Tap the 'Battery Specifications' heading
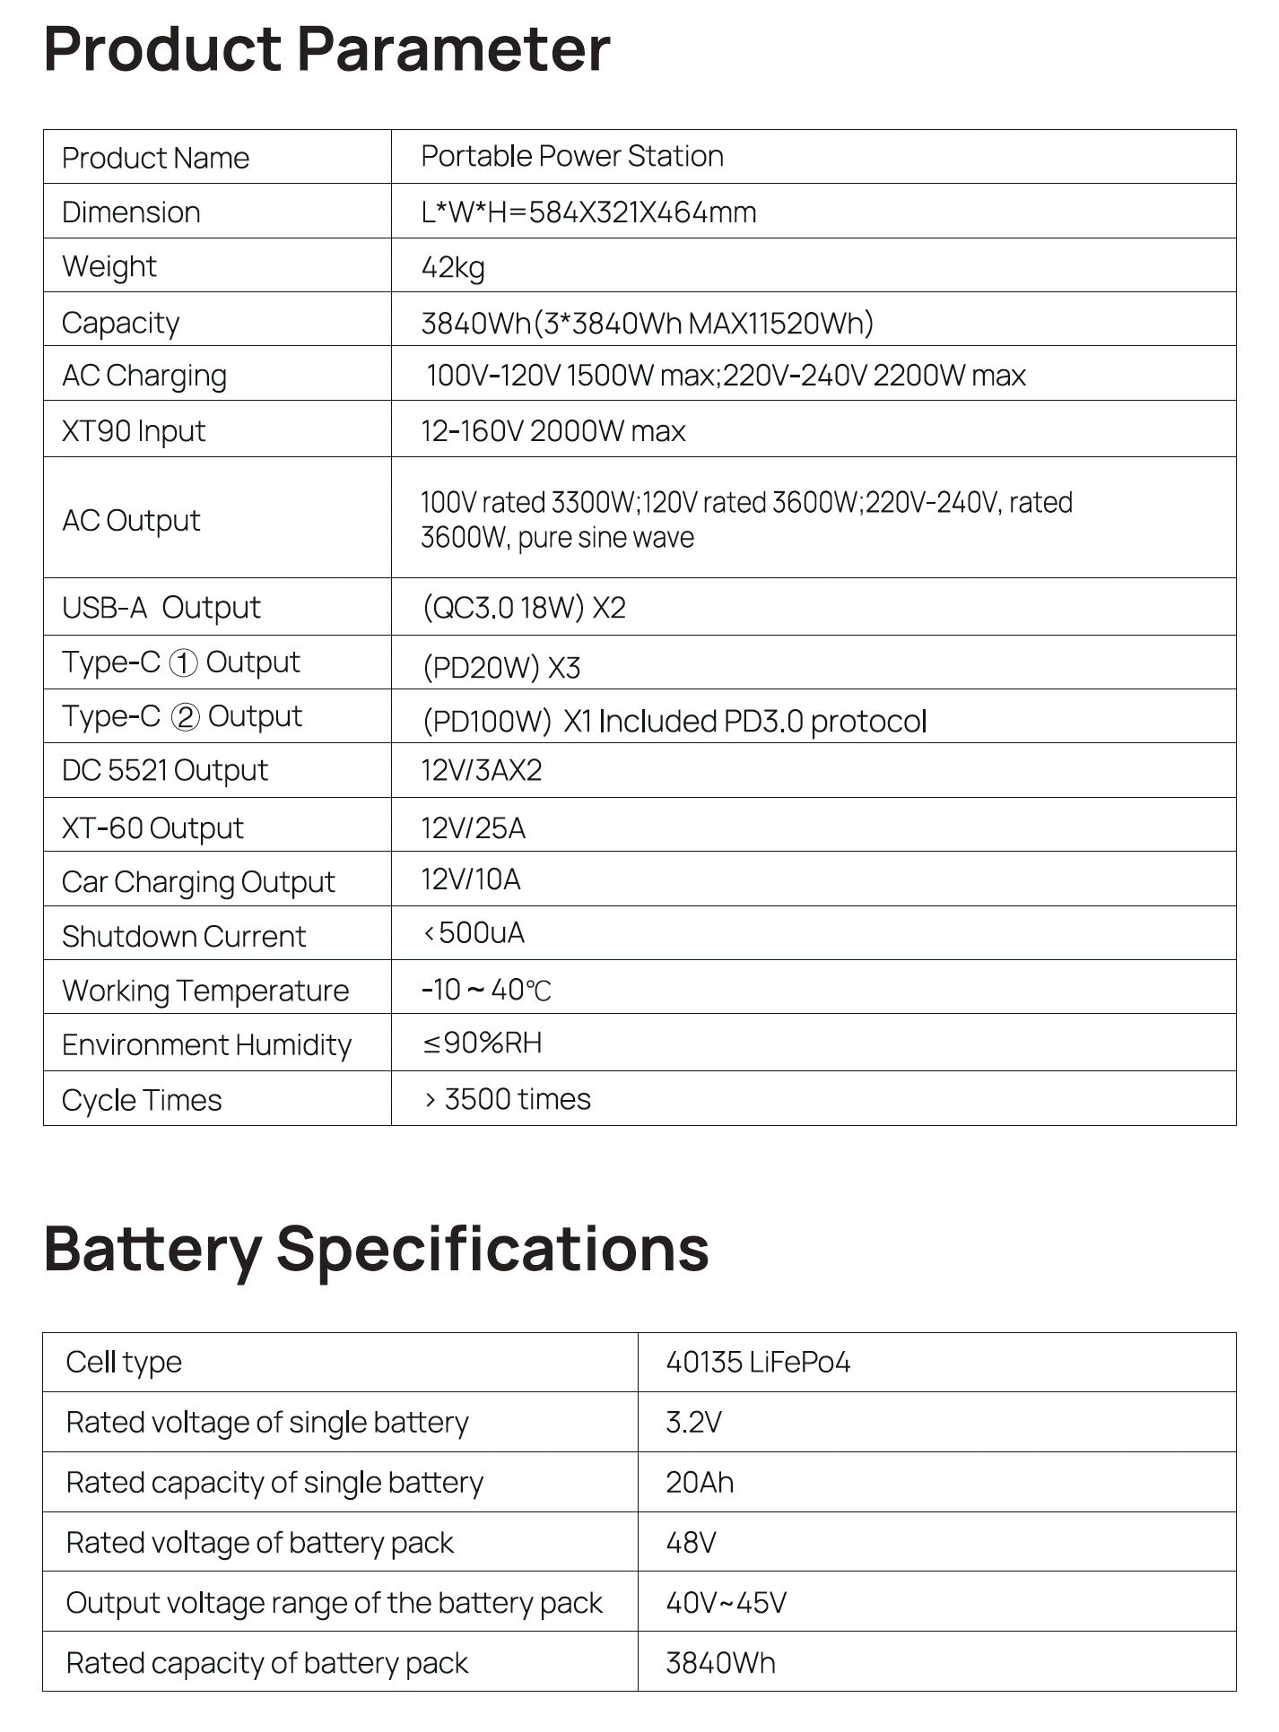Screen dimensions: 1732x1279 pyautogui.click(x=376, y=1249)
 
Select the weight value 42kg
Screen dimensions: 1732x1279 pyautogui.click(x=453, y=267)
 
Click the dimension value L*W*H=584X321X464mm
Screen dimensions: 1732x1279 pyautogui.click(x=588, y=212)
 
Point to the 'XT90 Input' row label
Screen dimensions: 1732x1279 pyautogui.click(x=134, y=431)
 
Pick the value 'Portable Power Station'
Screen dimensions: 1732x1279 pyautogui.click(x=572, y=157)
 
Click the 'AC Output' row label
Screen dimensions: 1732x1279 pyautogui.click(x=131, y=520)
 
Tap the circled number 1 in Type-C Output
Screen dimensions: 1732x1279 pyautogui.click(x=183, y=663)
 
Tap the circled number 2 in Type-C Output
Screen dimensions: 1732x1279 pyautogui.click(x=185, y=718)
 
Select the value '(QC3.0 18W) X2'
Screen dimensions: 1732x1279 pyautogui.click(x=524, y=608)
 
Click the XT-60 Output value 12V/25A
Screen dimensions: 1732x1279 pyautogui.click(x=473, y=827)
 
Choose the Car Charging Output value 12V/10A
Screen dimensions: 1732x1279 pyautogui.click(x=471, y=879)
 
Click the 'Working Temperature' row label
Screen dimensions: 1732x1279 pyautogui.click(x=205, y=991)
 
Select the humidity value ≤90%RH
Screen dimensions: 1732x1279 pyautogui.click(x=483, y=1043)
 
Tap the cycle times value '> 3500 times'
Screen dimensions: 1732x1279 pyautogui.click(x=508, y=1099)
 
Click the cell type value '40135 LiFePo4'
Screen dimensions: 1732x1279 pyautogui.click(x=758, y=1363)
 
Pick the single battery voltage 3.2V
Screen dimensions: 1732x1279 pyautogui.click(x=693, y=1423)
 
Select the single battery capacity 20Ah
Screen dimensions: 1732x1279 pyautogui.click(x=700, y=1483)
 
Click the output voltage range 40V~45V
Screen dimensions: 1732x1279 pyautogui.click(x=726, y=1603)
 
